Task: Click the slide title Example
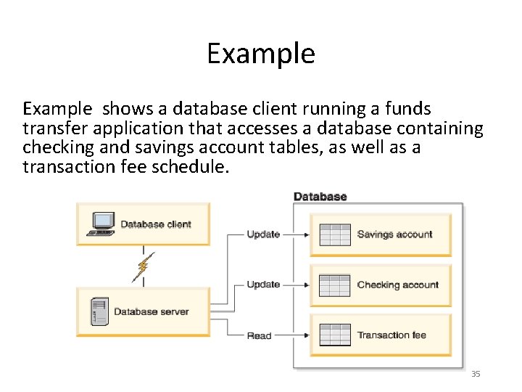pyautogui.click(x=261, y=54)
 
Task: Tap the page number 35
pyautogui.click(x=476, y=374)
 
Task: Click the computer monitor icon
pyautogui.click(x=101, y=224)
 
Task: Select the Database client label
pyautogui.click(x=156, y=224)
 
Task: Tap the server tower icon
pyautogui.click(x=99, y=311)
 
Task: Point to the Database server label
pyautogui.click(x=152, y=312)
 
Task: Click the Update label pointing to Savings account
pyautogui.click(x=263, y=234)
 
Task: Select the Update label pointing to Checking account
pyautogui.click(x=263, y=285)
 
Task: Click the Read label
pyautogui.click(x=259, y=335)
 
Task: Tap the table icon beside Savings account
pyautogui.click(x=335, y=234)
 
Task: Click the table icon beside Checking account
pyautogui.click(x=335, y=285)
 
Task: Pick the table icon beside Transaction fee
pyautogui.click(x=335, y=335)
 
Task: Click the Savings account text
pyautogui.click(x=394, y=234)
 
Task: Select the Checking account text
pyautogui.click(x=398, y=285)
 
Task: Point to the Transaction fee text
pyautogui.click(x=391, y=335)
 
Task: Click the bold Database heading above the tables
pyautogui.click(x=320, y=197)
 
